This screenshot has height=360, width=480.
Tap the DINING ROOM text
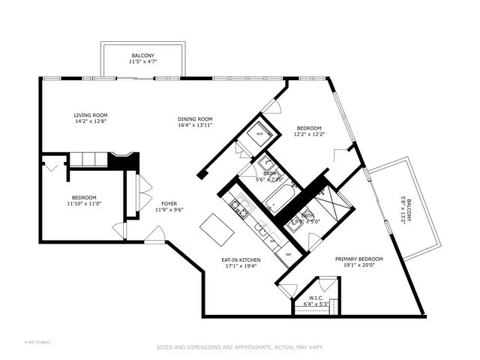tap(195, 118)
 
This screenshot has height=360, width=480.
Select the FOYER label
tap(169, 203)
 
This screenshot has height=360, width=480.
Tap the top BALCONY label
tap(142, 55)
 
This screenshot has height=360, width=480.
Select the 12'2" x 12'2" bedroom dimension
tap(308, 134)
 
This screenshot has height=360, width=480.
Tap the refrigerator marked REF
tap(288, 254)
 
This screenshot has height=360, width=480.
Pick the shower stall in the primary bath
tap(330, 202)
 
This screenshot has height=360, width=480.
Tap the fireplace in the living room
tap(122, 160)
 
